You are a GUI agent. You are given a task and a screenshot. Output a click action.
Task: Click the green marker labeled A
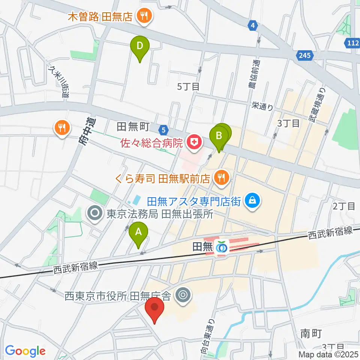(x=138, y=235)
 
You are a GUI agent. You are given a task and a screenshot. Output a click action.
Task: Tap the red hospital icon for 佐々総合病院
(x=194, y=142)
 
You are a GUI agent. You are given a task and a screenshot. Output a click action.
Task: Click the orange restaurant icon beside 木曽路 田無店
(x=143, y=16)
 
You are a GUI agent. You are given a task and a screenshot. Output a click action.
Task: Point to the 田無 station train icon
(x=222, y=247)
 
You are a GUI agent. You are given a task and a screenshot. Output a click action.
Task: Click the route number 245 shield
(x=305, y=56)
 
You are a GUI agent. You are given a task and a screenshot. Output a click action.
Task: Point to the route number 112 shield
(x=352, y=43)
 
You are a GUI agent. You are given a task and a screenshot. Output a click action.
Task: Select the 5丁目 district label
(x=188, y=87)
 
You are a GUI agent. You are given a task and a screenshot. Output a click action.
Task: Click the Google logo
(x=25, y=351)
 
